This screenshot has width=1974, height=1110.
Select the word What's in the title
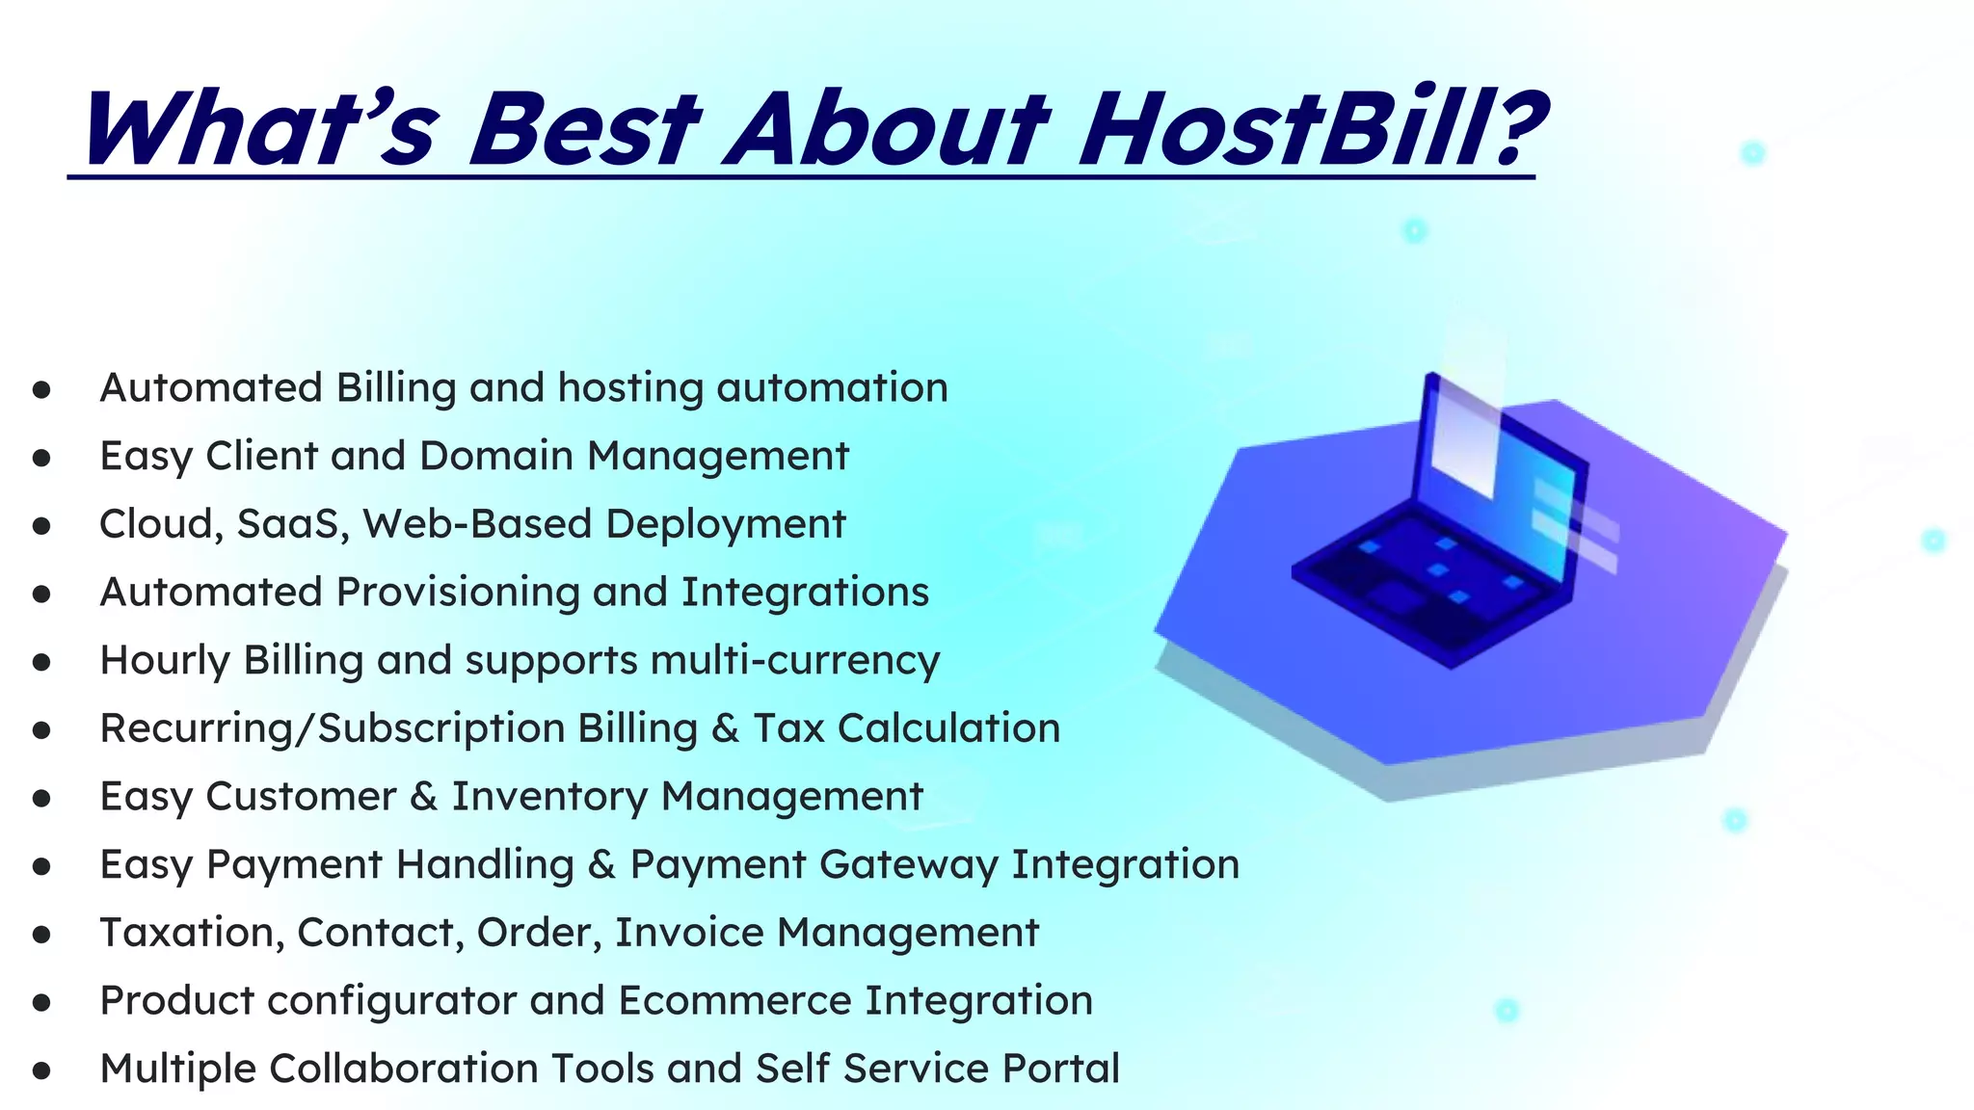point(260,130)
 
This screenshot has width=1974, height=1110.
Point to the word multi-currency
point(795,662)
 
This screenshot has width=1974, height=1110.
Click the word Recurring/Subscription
point(332,729)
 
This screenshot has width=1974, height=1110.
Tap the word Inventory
point(550,798)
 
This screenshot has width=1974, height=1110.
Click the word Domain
point(496,457)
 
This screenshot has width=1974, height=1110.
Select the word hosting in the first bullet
point(630,389)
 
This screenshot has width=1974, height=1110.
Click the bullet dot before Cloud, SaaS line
point(41,526)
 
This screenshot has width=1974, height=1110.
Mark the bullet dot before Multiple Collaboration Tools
point(41,1070)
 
